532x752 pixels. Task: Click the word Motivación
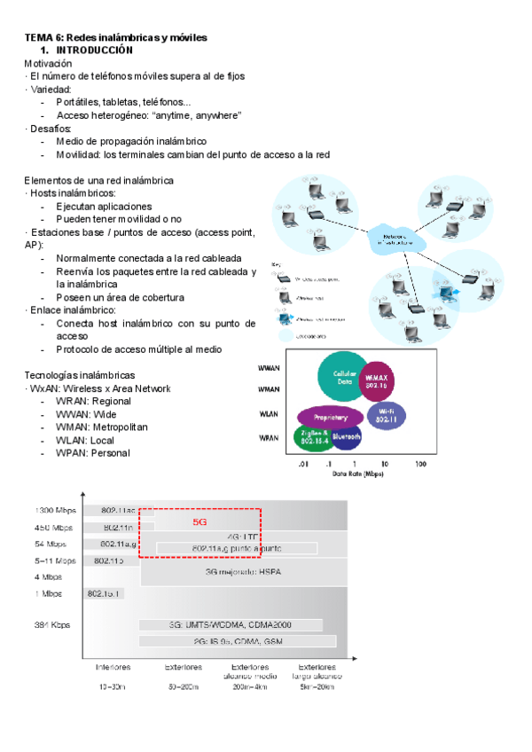pos(49,64)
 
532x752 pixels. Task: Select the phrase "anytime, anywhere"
pos(197,115)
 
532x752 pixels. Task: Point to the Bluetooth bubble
pos(346,436)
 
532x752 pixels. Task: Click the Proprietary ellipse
pos(330,415)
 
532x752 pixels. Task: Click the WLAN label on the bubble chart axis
pos(268,413)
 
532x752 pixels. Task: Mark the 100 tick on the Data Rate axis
pos(420,464)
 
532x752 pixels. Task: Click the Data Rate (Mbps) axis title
pos(360,474)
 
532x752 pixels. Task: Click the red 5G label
pos(199,523)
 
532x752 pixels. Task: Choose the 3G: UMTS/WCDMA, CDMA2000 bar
pos(236,624)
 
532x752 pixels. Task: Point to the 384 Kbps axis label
pos(52,624)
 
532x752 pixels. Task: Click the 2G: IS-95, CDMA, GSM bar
pos(236,640)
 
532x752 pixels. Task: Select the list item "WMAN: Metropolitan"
pos(101,427)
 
